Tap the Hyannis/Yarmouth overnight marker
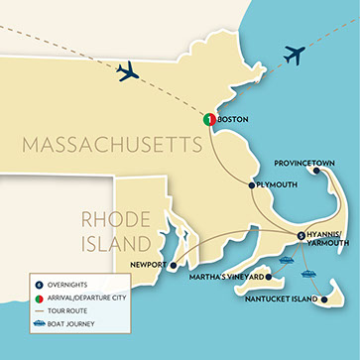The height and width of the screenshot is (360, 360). point(300,234)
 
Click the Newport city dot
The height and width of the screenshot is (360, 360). point(173,265)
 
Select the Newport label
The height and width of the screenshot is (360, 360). point(148,265)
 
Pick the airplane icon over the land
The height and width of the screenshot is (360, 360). point(129,71)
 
